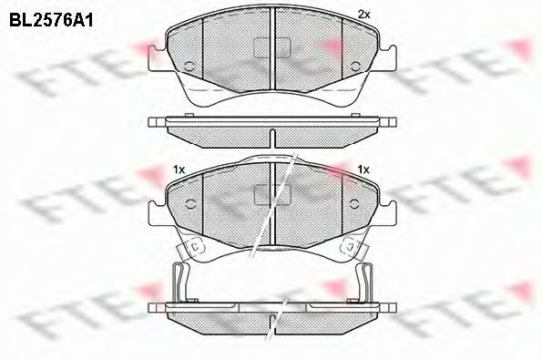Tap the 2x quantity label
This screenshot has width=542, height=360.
(364, 15)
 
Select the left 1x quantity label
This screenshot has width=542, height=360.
(179, 170)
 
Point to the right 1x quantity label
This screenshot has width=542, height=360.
(363, 170)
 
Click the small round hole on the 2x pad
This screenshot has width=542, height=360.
(188, 66)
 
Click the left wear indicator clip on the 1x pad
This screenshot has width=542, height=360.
(194, 246)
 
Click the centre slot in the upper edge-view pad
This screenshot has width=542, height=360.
(271, 136)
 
